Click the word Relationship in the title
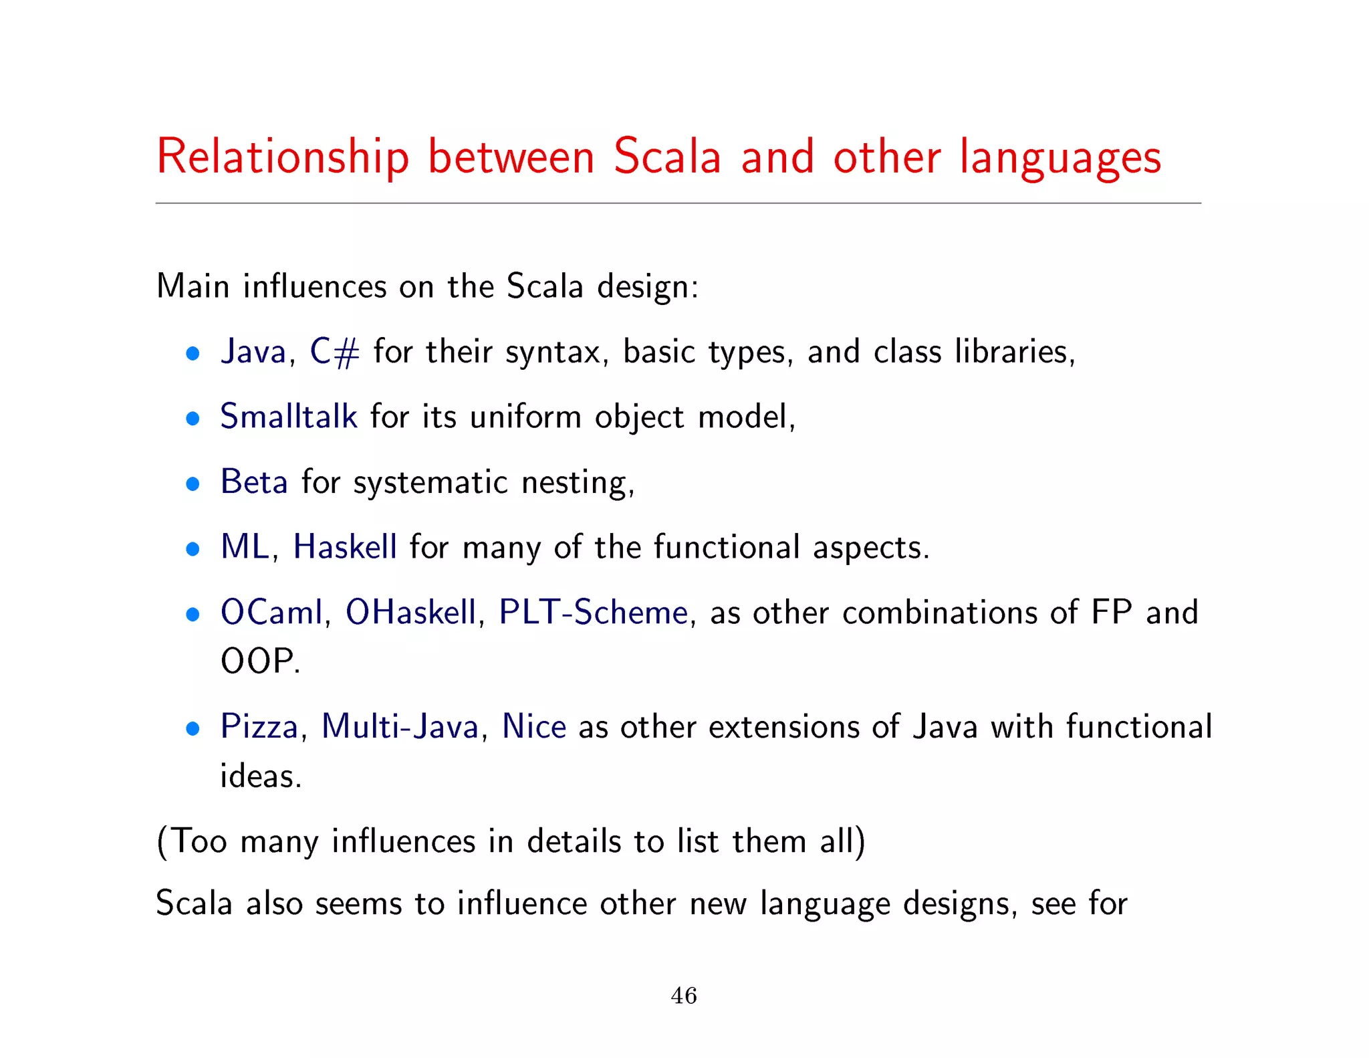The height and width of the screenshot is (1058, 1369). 282,158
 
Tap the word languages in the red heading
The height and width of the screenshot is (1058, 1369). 1060,158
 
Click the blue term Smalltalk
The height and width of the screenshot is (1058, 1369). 289,417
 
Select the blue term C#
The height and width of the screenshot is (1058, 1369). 334,352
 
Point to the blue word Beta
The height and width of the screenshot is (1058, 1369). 254,482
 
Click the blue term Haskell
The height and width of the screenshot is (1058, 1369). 345,546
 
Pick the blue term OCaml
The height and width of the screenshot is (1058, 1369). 271,612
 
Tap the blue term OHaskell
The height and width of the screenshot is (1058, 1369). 410,612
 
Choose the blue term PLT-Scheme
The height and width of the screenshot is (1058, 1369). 594,612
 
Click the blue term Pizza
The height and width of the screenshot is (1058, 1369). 259,726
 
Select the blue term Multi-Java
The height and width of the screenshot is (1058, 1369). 400,726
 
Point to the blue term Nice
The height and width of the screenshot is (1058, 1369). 534,726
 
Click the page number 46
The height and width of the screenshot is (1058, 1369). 684,996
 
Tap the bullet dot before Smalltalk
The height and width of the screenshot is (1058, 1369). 193,419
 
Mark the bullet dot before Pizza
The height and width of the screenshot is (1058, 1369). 193,729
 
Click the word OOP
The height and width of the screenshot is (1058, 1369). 258,661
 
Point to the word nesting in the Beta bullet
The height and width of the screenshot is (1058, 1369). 575,483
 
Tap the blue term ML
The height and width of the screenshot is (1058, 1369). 245,546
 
